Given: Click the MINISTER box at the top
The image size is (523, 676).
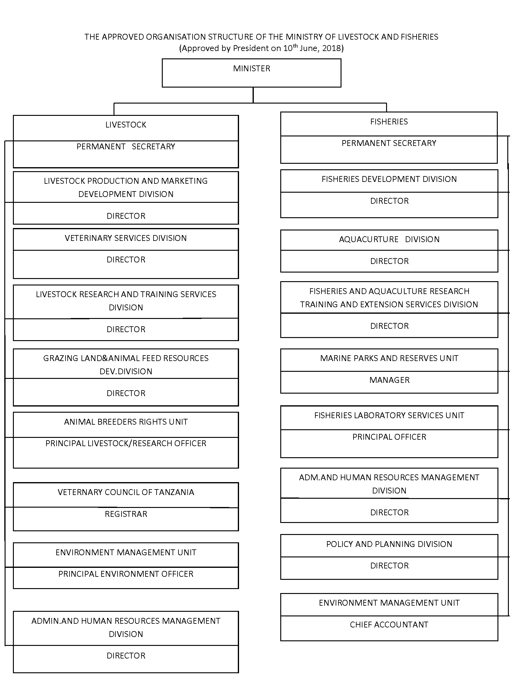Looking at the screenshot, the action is [251, 73].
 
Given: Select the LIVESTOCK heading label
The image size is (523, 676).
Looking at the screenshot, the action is [126, 125].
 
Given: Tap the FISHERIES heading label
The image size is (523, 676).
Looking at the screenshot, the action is [389, 122].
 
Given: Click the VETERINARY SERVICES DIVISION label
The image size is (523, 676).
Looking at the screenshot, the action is [126, 238].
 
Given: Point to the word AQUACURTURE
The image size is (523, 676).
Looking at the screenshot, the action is [369, 239].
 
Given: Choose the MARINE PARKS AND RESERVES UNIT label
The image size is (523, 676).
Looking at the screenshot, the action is [389, 358].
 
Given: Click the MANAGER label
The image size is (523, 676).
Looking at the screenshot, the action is [389, 380].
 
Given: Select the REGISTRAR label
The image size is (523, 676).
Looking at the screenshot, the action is [126, 514].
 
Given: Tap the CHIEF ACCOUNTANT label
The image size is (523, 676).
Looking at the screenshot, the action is [389, 625].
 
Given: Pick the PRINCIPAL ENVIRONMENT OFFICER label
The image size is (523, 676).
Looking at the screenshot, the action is [126, 574].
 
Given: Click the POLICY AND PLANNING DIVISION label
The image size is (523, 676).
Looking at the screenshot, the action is [389, 544].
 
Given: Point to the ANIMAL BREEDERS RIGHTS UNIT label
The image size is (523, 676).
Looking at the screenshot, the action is [126, 422].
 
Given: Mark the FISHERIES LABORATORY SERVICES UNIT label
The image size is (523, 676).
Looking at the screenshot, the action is [389, 415].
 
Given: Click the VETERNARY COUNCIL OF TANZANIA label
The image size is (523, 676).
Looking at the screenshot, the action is [126, 492].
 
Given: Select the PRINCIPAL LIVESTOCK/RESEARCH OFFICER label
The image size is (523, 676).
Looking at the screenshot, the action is [126, 443].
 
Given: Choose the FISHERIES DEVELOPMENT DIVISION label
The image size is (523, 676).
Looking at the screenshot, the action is [389, 179].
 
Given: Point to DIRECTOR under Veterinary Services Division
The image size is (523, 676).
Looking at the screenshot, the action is [126, 259].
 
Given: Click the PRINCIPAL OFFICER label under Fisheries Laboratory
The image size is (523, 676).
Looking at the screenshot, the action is [389, 437].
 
